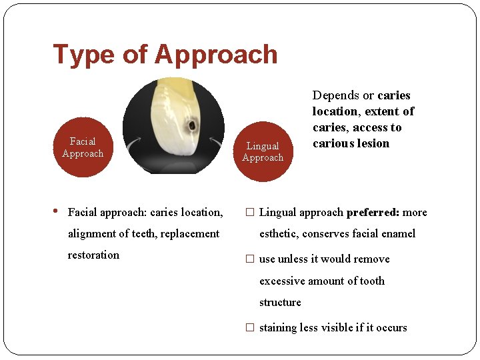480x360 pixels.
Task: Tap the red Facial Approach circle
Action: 83,147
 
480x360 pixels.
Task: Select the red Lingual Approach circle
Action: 263,151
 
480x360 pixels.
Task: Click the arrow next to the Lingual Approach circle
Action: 217,143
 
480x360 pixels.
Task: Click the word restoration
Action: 93,255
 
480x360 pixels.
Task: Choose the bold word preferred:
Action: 373,213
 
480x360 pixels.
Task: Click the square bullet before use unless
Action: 249,259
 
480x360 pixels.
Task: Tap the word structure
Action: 280,302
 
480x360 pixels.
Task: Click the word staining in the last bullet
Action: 279,327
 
